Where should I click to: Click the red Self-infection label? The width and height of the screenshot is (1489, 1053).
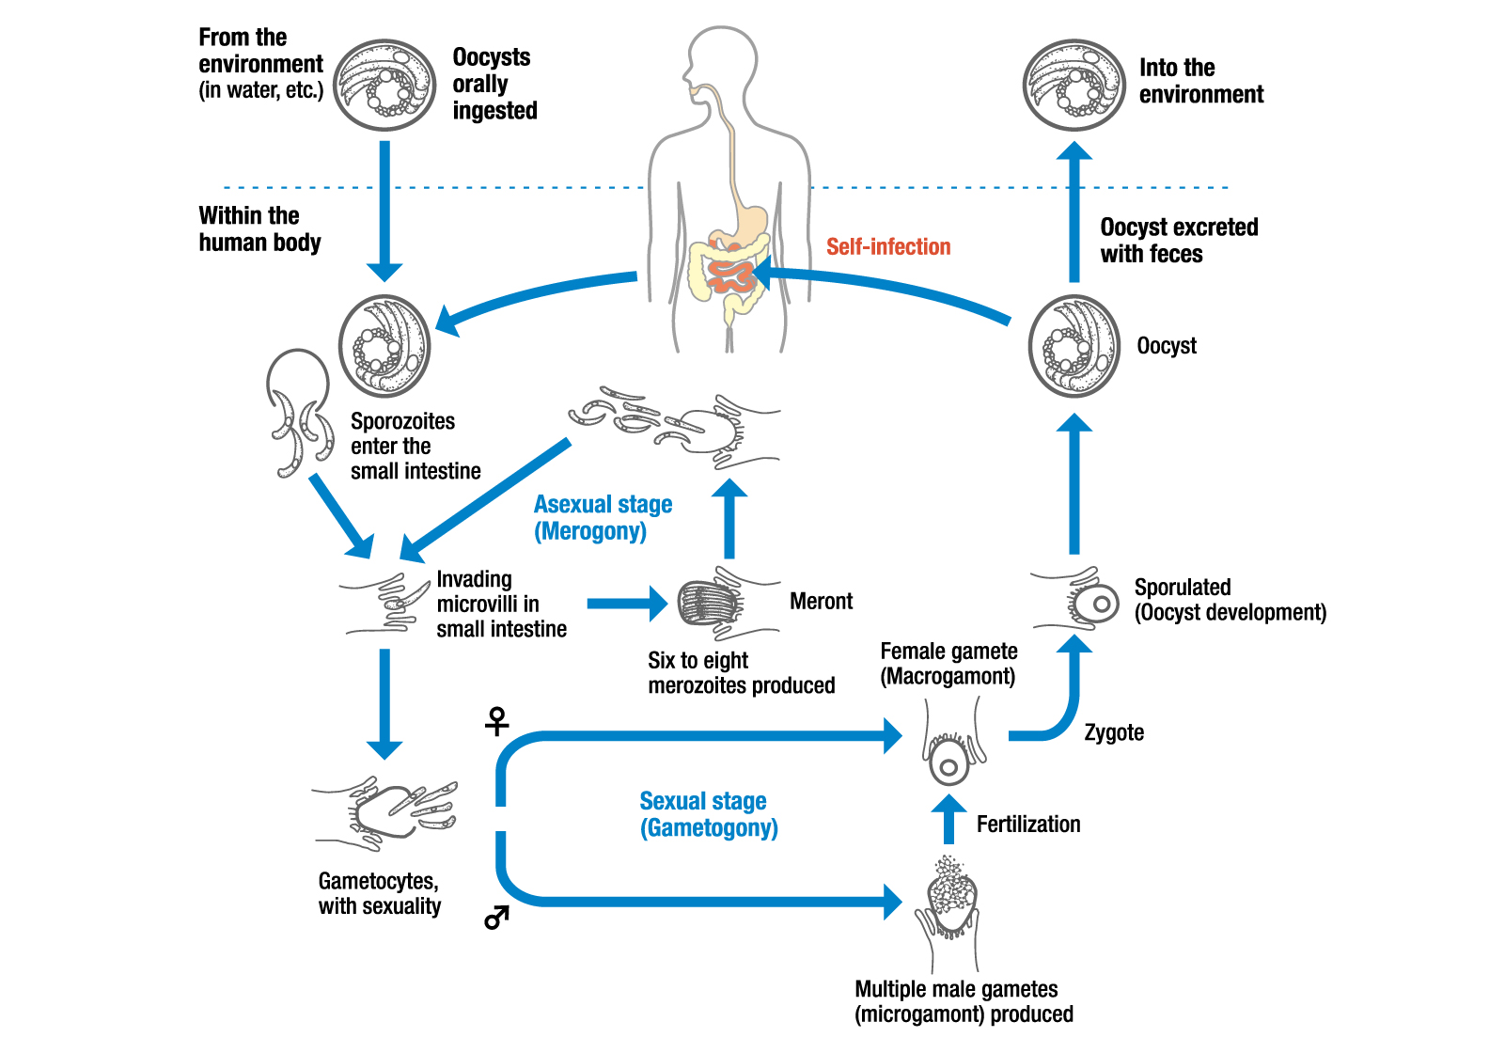pos(888,247)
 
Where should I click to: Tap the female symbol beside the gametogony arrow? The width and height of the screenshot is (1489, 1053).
pos(496,721)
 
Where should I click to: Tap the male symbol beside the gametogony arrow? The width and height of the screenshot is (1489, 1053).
pos(496,917)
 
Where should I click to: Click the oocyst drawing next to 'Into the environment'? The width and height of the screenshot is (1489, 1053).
pos(1074,86)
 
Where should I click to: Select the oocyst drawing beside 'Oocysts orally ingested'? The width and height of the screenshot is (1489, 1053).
pos(385,86)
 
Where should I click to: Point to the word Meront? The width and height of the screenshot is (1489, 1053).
pos(821,602)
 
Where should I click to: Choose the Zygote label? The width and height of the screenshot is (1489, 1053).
pos(1114,733)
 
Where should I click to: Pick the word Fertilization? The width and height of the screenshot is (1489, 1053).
pos(1028,825)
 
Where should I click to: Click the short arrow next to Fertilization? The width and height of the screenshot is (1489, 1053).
pos(948,818)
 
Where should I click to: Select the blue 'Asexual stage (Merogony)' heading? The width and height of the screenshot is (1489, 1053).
pos(603,518)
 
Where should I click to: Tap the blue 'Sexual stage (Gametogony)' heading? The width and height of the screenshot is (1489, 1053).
pos(708,814)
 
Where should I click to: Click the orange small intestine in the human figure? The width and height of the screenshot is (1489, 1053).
pos(731,275)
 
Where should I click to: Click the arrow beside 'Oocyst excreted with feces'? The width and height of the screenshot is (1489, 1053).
pos(1074,212)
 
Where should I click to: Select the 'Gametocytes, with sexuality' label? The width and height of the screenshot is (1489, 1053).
pos(379,894)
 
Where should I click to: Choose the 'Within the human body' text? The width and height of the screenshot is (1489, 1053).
pos(259,229)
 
